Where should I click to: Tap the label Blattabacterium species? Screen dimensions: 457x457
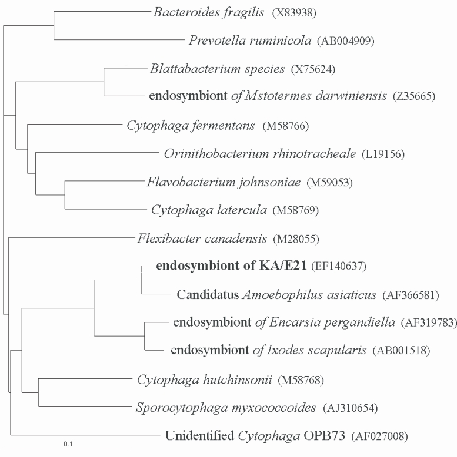click(218, 69)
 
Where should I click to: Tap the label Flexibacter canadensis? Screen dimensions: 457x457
click(203, 239)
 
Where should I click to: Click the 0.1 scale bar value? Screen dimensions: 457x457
click(69, 443)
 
